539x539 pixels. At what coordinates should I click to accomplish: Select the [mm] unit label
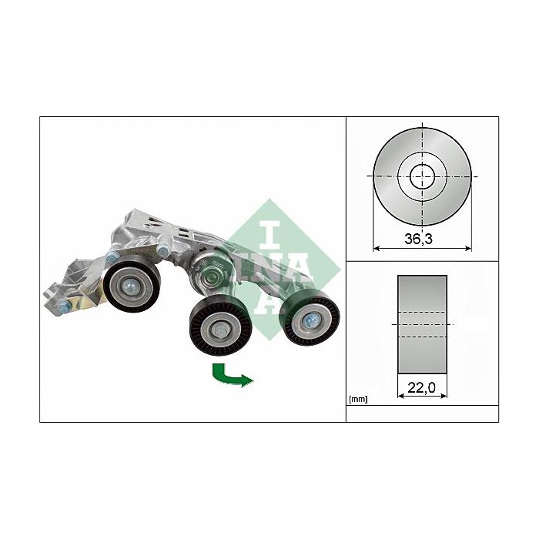[x=358, y=399]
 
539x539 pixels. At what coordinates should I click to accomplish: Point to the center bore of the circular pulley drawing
[x=421, y=176]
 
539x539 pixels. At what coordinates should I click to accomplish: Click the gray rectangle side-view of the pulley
[x=422, y=323]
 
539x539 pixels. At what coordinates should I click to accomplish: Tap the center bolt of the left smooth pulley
[x=133, y=287]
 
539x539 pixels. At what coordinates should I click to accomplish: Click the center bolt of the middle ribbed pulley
[x=219, y=332]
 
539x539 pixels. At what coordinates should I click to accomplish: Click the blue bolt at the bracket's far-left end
[x=65, y=306]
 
